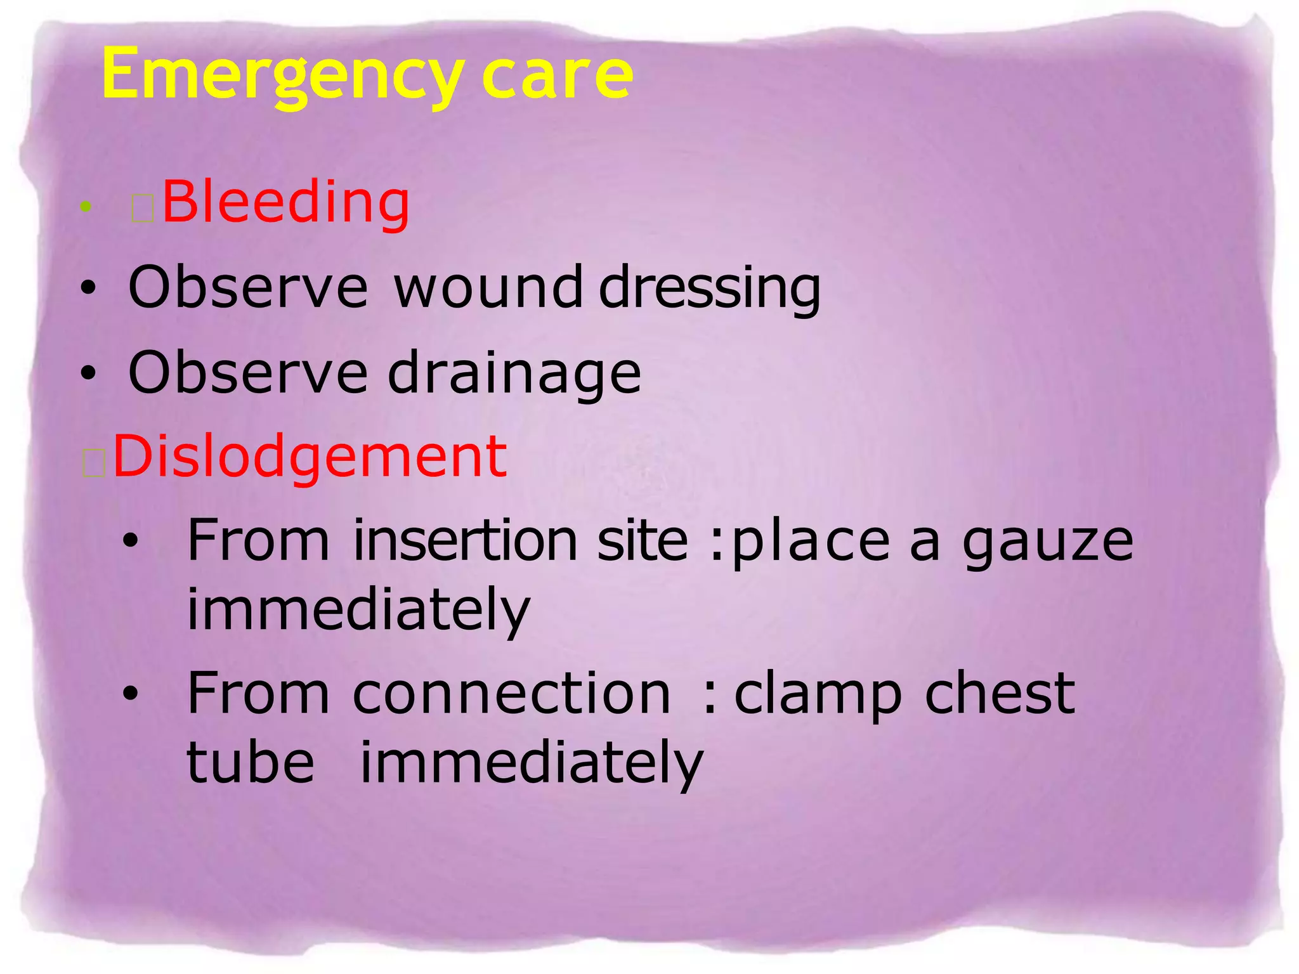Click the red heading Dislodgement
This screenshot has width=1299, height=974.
click(x=310, y=457)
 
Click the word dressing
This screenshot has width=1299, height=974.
click(x=710, y=289)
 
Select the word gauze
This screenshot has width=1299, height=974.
click(x=1047, y=542)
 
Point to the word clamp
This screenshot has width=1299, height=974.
click(x=818, y=694)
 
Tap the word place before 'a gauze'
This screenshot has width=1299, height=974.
click(x=811, y=542)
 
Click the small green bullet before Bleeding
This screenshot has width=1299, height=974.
click(x=86, y=205)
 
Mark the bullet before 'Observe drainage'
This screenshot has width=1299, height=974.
click(x=88, y=373)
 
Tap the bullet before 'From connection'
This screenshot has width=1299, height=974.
click(x=131, y=694)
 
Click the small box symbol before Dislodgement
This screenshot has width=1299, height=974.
click(x=94, y=464)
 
